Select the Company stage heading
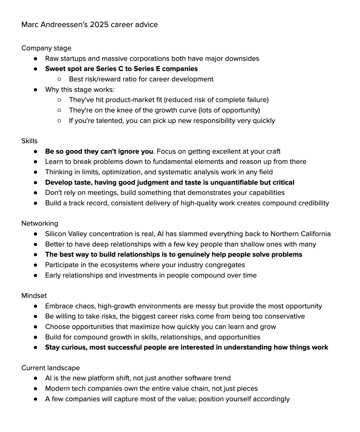tap(46, 48)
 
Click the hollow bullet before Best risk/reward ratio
tap(59, 79)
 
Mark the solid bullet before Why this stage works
tap(36, 90)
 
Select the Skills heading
tap(30, 141)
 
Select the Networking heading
tap(40, 224)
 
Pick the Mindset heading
tap(34, 296)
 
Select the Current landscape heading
tap(50, 368)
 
